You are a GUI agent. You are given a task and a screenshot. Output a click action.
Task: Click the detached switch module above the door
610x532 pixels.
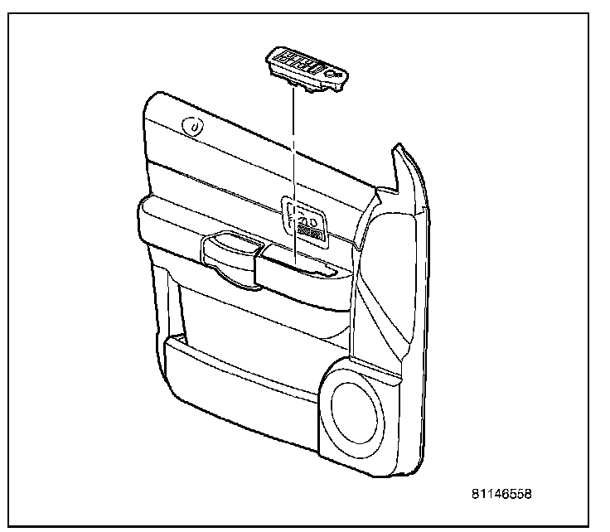(x=307, y=68)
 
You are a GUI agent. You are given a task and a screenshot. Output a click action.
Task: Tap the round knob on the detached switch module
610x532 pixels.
(x=333, y=75)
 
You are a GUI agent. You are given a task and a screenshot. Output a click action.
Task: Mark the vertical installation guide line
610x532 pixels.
(x=293, y=166)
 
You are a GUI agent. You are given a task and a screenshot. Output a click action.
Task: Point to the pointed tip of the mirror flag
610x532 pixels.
(x=395, y=150)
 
